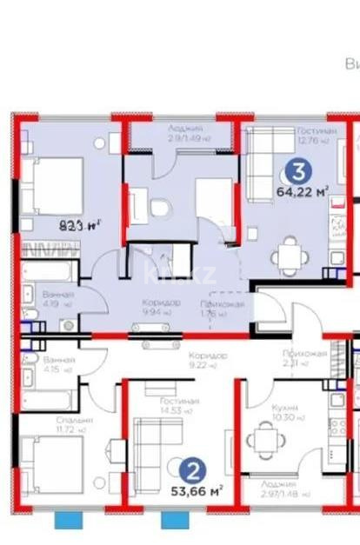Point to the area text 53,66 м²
click(195, 490)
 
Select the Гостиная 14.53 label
click(180, 404)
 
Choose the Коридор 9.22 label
click(208, 360)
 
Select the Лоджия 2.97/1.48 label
click(278, 487)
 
